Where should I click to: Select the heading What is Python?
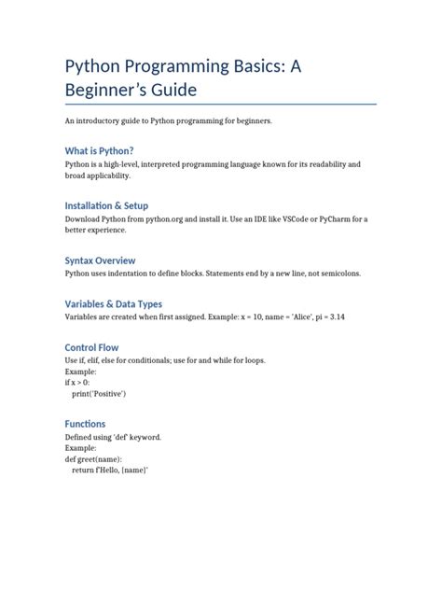point(99,151)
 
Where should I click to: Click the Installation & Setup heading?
point(106,205)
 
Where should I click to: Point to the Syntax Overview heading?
point(100,260)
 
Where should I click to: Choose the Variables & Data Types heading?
point(113,303)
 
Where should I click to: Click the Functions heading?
point(85,424)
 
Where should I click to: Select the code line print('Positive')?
point(99,394)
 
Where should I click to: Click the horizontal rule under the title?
point(220,105)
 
